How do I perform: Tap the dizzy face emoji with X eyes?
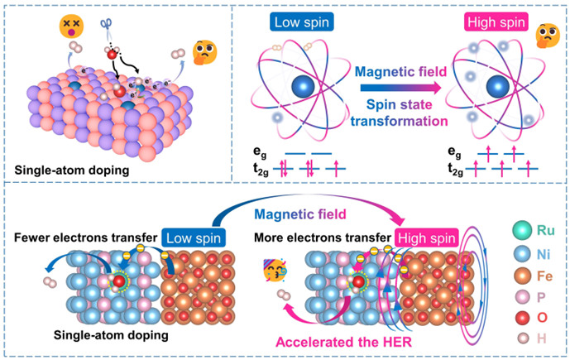[x=49, y=26]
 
